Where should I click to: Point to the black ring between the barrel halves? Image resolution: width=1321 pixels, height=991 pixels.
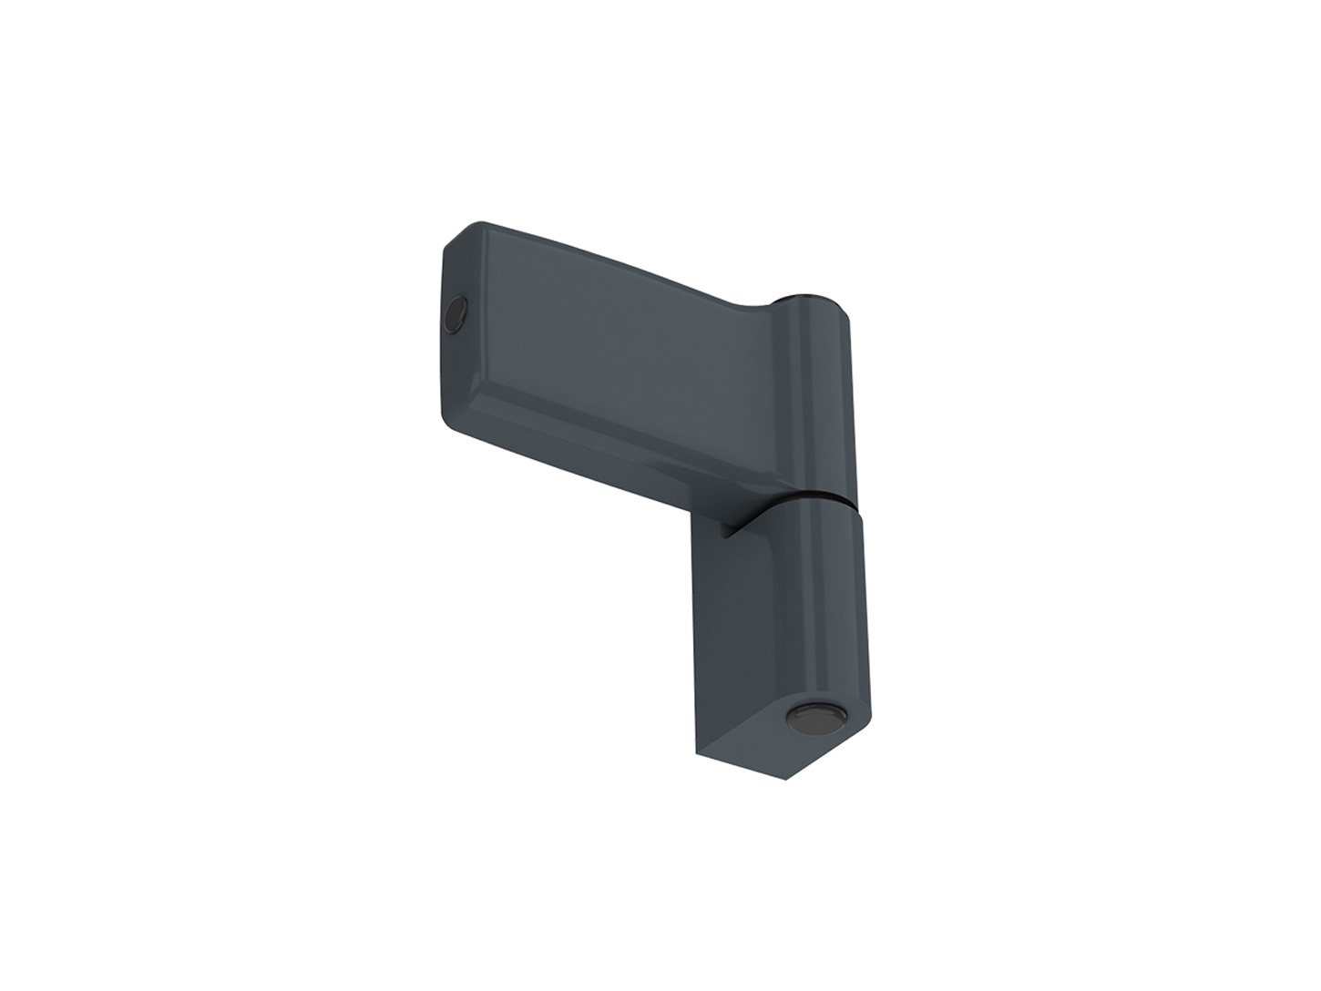[x=816, y=500]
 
